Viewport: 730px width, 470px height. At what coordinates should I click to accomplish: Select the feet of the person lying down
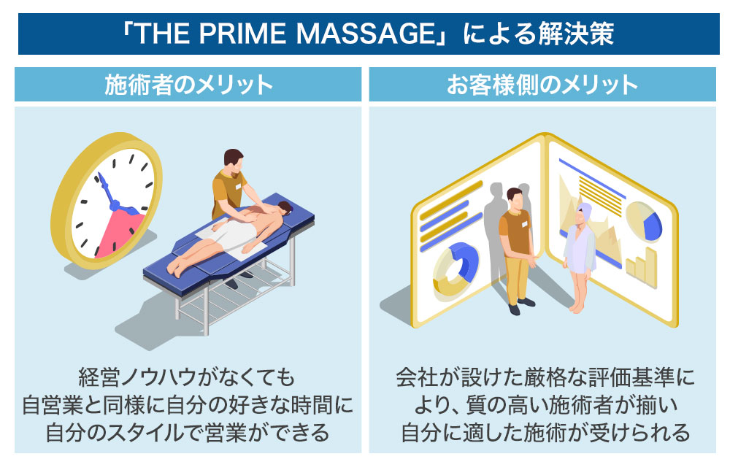(174, 268)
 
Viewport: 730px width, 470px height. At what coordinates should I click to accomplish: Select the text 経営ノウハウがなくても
(188, 380)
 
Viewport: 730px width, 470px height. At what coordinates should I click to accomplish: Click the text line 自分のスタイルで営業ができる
(188, 432)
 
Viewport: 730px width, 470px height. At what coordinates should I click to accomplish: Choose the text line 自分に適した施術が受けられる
(545, 432)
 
